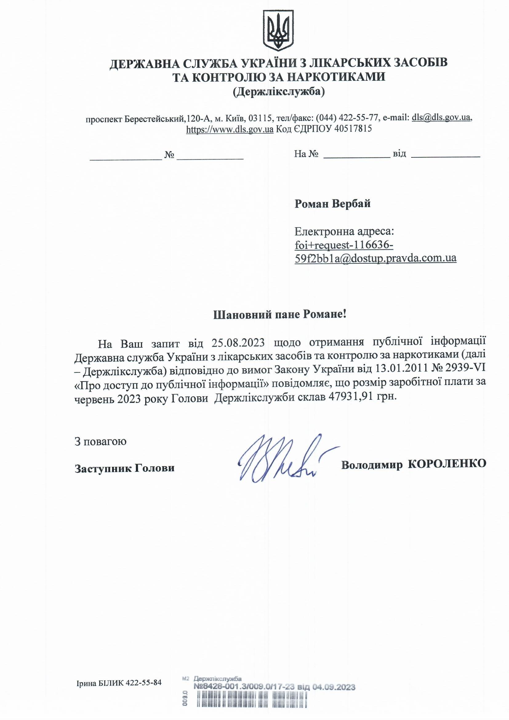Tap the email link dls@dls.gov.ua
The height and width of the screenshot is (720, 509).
(x=441, y=118)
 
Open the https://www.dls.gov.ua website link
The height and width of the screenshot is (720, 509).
(x=230, y=129)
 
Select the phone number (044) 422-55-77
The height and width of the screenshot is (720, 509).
(x=346, y=118)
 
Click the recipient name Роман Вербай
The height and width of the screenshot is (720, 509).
(x=333, y=204)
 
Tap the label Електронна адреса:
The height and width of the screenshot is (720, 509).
(x=344, y=232)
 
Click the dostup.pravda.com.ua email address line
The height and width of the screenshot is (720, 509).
(x=375, y=258)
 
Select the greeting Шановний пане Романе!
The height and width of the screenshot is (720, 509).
(x=279, y=314)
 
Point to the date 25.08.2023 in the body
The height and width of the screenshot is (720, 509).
(x=238, y=343)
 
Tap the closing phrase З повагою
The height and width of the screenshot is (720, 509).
(x=101, y=442)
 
